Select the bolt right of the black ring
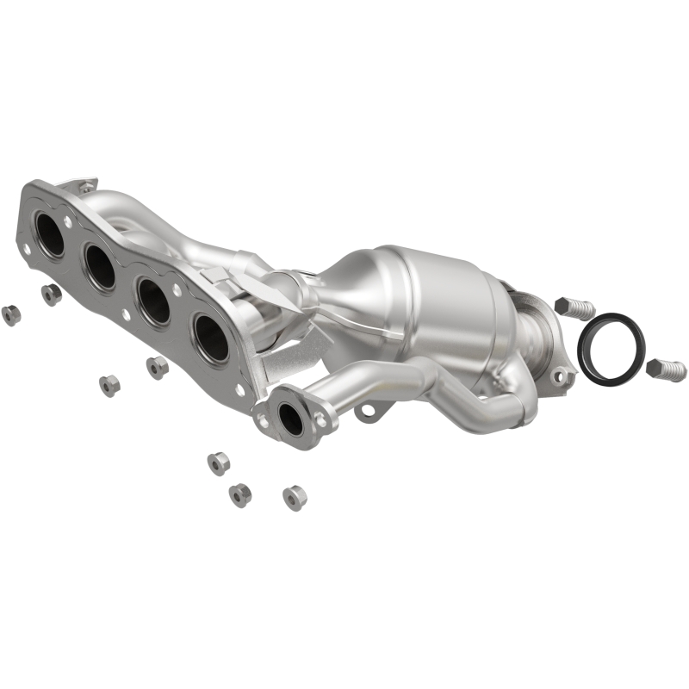667,369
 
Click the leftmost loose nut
11,314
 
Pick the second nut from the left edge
52,295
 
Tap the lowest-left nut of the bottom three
239,494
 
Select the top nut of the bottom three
218,463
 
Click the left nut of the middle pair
109,385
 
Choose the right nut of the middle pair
157,367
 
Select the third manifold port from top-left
154,302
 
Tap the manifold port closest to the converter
209,338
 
